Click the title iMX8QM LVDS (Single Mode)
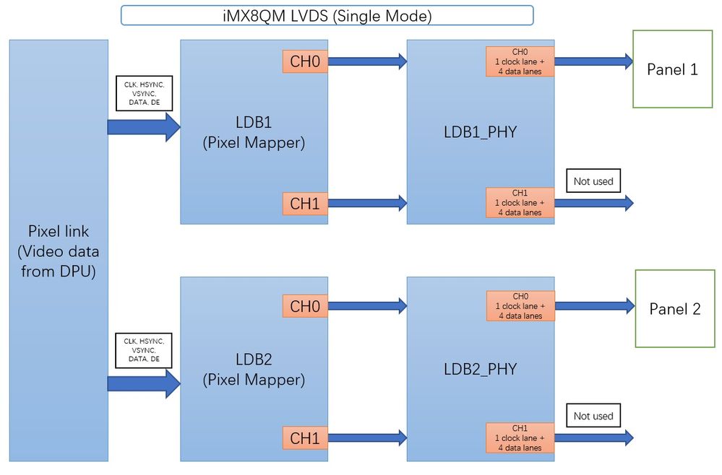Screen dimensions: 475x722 click(327, 16)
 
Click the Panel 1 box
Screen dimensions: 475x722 click(672, 69)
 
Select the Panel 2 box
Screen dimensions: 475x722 click(675, 308)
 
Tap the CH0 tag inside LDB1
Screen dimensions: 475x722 click(304, 61)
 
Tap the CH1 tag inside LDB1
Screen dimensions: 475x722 click(304, 204)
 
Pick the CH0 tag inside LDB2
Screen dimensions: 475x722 click(304, 306)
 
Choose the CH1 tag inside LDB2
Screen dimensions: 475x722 click(304, 437)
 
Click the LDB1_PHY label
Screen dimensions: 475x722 click(480, 133)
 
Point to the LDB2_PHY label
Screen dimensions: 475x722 click(480, 369)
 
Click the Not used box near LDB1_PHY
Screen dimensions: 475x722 click(593, 181)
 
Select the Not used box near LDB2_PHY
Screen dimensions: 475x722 click(593, 416)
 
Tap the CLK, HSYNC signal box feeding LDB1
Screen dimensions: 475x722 click(144, 94)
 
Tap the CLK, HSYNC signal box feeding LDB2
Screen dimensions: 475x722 click(144, 349)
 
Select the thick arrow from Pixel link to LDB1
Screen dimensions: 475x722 click(143, 127)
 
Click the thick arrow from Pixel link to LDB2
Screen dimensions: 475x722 click(143, 383)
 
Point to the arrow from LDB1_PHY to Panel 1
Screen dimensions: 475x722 click(593, 61)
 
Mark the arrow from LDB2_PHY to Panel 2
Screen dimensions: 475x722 click(593, 306)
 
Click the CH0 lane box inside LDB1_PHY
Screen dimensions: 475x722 click(520, 61)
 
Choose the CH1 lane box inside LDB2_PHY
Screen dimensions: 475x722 click(520, 438)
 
